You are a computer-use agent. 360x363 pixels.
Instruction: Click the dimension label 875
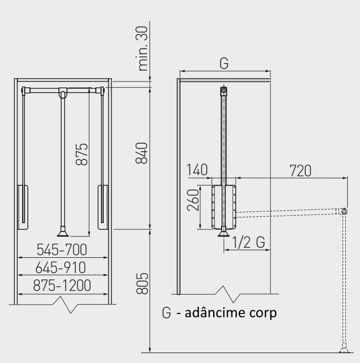click(x=82, y=154)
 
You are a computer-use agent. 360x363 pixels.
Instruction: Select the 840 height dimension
click(x=142, y=153)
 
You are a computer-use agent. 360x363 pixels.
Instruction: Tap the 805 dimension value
click(x=142, y=284)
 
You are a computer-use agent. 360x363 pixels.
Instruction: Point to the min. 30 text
click(x=143, y=48)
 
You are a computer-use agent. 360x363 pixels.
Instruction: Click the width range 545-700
click(x=62, y=249)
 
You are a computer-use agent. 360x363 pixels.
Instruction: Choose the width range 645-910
click(x=61, y=268)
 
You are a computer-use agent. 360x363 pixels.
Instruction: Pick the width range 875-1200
click(x=62, y=285)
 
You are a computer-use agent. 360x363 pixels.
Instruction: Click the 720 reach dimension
click(x=301, y=171)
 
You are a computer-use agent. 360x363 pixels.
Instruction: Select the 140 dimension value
click(x=197, y=170)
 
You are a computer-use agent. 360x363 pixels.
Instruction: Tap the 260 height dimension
click(x=193, y=200)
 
